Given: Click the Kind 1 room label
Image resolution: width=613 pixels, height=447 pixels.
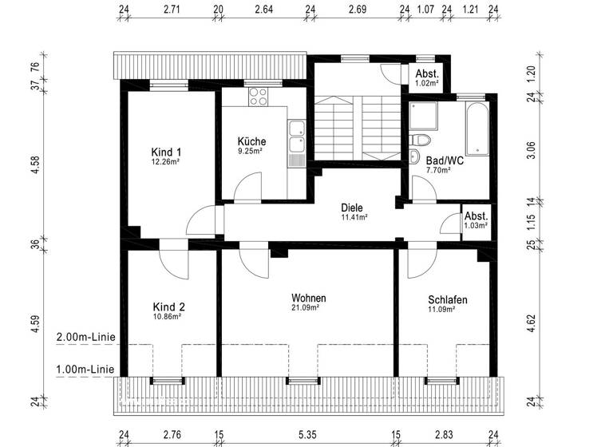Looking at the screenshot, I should pos(167,152).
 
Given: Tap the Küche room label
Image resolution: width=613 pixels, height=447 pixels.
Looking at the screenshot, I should pos(251,142).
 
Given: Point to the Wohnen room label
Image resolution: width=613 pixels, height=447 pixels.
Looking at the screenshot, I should pos(308,299).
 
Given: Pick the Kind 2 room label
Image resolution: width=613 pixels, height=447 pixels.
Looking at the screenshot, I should pos(168,307).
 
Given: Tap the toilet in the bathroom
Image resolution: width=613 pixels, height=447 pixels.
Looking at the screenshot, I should pos(415,156).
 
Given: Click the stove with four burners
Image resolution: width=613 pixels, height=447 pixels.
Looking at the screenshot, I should pos(259,98).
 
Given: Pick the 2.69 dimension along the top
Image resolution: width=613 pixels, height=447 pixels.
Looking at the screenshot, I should pos(358,10).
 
